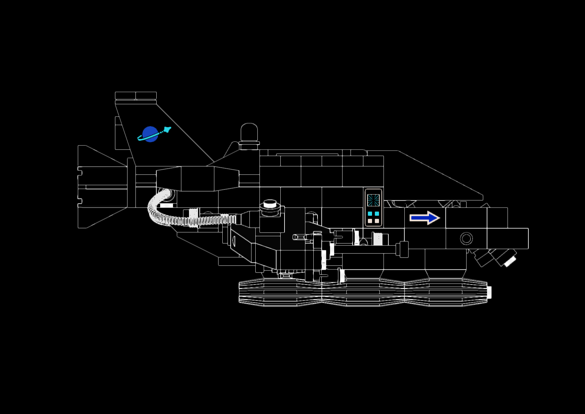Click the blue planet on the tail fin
point(150,134)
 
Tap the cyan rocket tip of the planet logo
point(168,130)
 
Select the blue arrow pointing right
point(425,218)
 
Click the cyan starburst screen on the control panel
point(373,200)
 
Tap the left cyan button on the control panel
point(370,214)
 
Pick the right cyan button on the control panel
point(377,214)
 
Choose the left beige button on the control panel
point(370,221)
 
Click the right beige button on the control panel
point(377,221)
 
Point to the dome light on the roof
point(249,132)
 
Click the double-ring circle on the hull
point(466,239)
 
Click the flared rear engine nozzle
point(101,187)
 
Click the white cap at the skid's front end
point(489,292)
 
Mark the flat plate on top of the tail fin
point(135,96)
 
